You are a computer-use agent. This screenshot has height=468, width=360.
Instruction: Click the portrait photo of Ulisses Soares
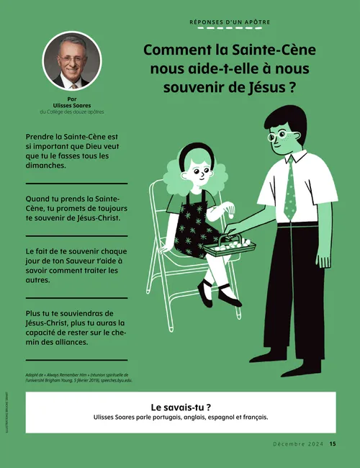pos(72,60)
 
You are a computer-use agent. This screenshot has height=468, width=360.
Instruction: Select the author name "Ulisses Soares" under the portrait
pos(72,105)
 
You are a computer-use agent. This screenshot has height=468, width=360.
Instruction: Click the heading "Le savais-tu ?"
pos(180,406)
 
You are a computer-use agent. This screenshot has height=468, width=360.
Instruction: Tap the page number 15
pos(333,444)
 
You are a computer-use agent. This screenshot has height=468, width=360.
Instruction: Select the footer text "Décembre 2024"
pos(299,444)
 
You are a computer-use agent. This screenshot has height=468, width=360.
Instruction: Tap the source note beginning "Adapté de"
pos(76,377)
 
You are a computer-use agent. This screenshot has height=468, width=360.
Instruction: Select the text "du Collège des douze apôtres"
pos(72,112)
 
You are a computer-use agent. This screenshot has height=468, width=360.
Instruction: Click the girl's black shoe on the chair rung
pos(206,292)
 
